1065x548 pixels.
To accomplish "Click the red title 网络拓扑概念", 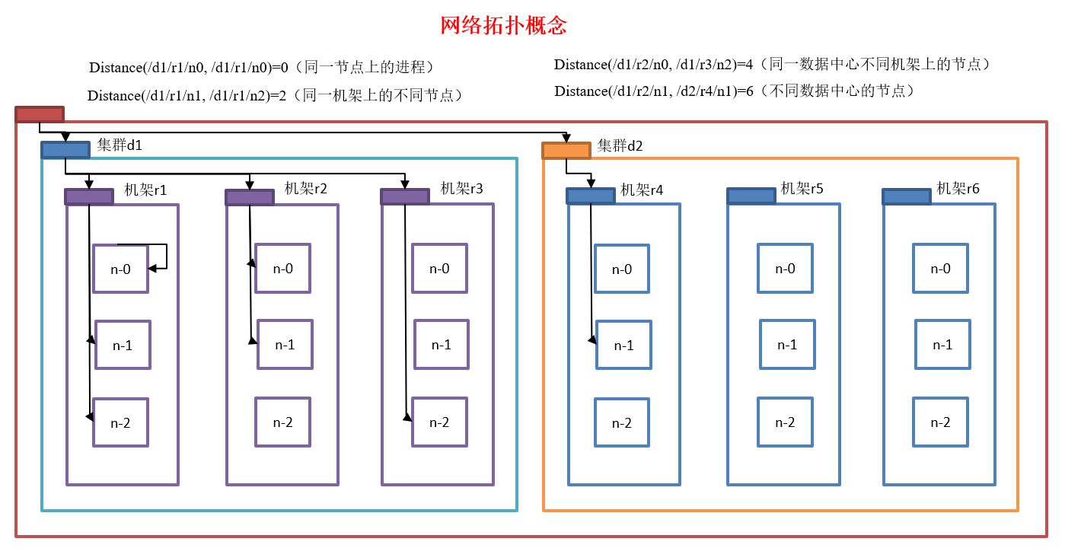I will coord(504,26).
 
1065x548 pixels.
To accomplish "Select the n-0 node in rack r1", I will coord(120,269).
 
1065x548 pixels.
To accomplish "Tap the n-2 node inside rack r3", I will coord(439,422).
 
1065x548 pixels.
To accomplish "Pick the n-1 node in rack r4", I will coord(623,346).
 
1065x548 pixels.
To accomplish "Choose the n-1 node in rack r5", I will coord(787,345).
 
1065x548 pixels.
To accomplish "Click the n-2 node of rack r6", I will coord(941,422).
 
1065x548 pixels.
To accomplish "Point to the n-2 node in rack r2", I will coord(282,422).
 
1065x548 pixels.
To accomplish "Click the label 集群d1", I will coord(120,145).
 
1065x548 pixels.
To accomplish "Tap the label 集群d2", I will coord(620,145).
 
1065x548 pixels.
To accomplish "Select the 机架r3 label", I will coord(461,189).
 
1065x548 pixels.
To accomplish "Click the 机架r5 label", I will coord(802,189).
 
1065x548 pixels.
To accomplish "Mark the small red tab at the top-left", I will coord(40,115).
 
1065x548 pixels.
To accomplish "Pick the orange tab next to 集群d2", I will coord(566,151).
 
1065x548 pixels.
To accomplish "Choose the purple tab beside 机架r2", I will coord(250,198).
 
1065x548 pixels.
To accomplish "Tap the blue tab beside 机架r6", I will coord(907,197).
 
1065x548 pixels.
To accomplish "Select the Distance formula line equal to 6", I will coord(734,91).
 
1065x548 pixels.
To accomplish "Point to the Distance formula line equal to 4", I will coord(772,65).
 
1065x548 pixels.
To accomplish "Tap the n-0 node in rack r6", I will coord(941,269).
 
